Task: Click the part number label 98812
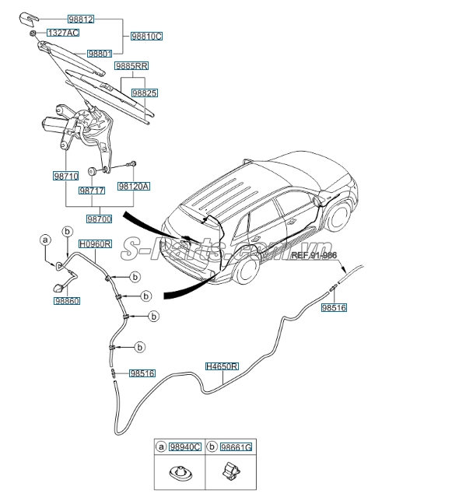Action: pos(80,19)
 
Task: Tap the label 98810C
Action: pos(146,36)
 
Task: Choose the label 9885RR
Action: pos(131,67)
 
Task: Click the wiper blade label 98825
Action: pos(145,93)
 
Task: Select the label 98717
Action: pos(92,190)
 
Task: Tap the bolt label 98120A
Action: pos(134,187)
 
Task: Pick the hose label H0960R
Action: pos(96,243)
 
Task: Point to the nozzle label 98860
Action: pos(67,300)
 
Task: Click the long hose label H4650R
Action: pos(222,366)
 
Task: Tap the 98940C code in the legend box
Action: pos(185,448)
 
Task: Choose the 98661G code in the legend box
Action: pos(237,448)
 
